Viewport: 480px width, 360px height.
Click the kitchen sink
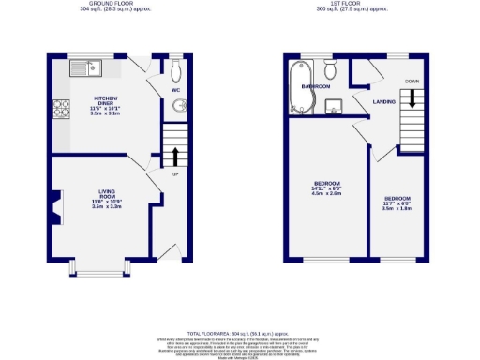tap(88, 67)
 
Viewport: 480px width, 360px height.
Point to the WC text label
tap(174, 91)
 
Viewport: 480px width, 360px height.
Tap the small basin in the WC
tap(180, 106)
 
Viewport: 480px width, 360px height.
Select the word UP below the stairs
tap(175, 174)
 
